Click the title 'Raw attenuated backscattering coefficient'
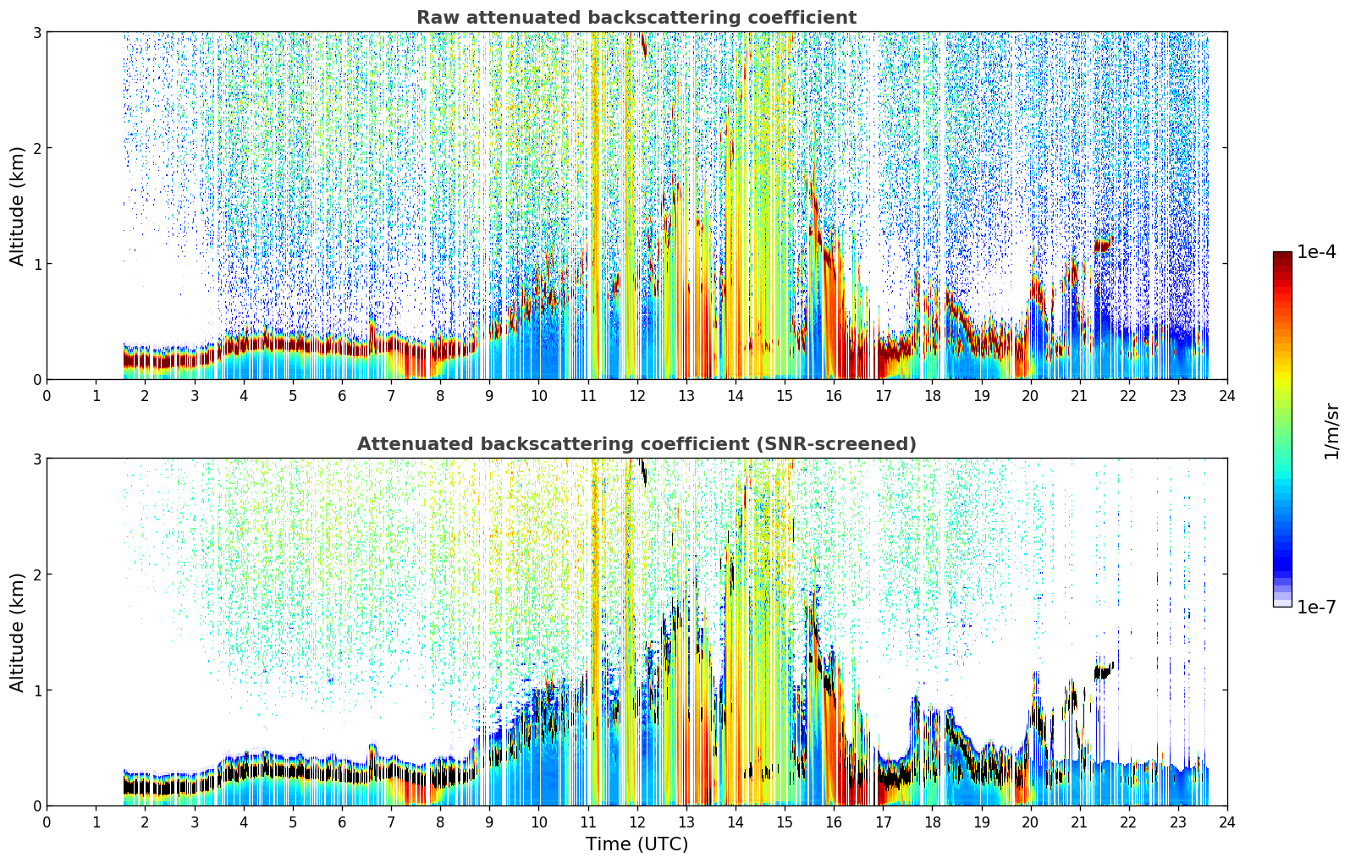tap(636, 18)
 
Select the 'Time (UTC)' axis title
tap(636, 844)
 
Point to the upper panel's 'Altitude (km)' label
tap(16, 206)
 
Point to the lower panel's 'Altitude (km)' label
tap(16, 632)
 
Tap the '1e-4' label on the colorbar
tap(1316, 251)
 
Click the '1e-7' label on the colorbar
tap(1316, 607)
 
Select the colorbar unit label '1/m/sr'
tap(1331, 431)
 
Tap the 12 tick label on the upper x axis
tap(637, 396)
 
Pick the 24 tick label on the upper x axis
tap(1227, 396)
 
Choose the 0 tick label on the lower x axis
tap(47, 822)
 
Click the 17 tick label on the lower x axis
tap(883, 822)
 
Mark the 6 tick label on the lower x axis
tap(342, 822)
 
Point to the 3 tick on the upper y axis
tap(36, 32)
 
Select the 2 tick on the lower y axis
tap(36, 574)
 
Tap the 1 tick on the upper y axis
tap(36, 264)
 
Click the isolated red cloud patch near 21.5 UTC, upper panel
tap(1103, 245)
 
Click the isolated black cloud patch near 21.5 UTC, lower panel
tap(1104, 671)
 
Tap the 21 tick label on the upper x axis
tap(1079, 396)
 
